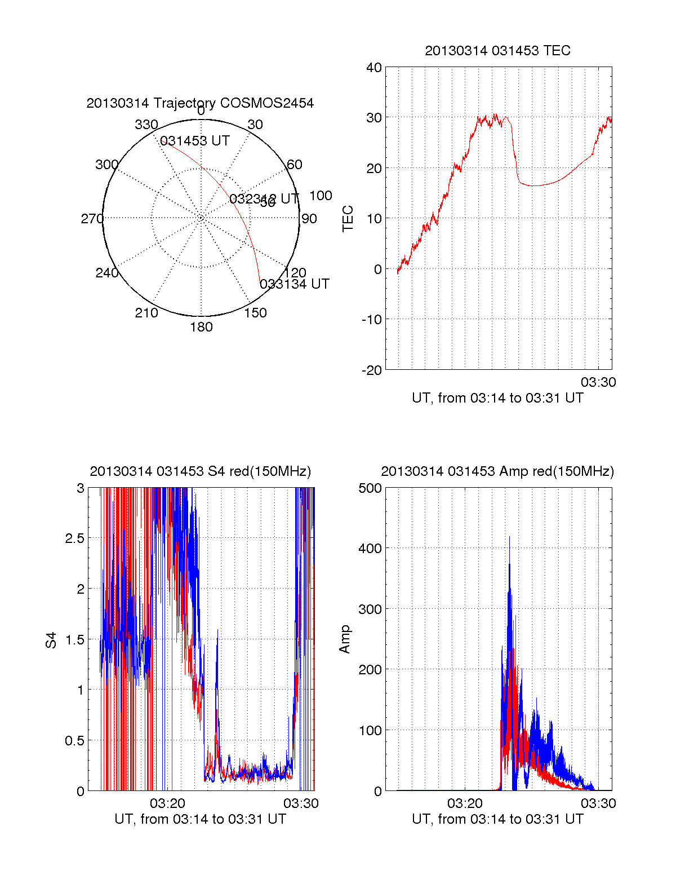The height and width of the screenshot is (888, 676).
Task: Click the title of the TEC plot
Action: (497, 51)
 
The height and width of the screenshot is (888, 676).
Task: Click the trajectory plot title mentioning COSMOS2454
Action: (200, 103)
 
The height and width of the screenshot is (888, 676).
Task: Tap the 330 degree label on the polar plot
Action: (146, 125)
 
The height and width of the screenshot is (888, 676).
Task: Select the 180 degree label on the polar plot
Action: (201, 327)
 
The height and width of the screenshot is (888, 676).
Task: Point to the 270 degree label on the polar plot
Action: (92, 219)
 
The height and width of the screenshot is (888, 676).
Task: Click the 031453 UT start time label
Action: (195, 141)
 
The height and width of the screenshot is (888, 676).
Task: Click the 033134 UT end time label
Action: (295, 284)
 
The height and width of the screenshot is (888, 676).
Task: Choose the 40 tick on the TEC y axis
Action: (374, 68)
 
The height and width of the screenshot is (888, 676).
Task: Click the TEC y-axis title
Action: (348, 219)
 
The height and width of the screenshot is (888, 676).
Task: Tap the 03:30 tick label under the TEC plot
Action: (598, 382)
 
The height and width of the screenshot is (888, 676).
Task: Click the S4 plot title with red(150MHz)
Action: (200, 471)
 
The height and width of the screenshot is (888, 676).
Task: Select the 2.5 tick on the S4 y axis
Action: (75, 538)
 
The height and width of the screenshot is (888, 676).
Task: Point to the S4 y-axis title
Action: (51, 640)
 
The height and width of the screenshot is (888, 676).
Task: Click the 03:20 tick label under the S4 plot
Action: (167, 803)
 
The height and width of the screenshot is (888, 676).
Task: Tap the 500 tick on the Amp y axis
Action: (370, 488)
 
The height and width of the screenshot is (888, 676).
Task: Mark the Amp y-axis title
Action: (345, 639)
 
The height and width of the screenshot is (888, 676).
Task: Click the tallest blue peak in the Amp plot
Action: (509, 537)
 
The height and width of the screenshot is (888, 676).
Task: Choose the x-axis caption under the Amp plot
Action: (497, 819)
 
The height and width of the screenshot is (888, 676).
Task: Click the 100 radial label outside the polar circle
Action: (321, 196)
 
